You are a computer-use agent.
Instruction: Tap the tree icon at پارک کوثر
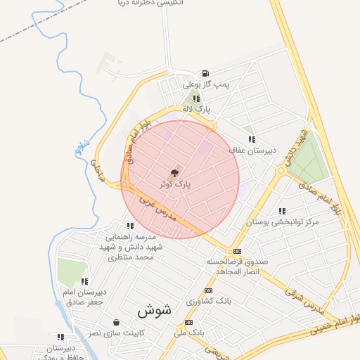pos(174,171)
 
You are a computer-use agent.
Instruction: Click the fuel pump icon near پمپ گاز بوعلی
pos(205,73)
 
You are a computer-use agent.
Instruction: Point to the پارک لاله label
pos(196,110)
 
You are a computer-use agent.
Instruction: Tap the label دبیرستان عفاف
pos(252,150)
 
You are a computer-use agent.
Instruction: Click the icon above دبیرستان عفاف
pos(252,139)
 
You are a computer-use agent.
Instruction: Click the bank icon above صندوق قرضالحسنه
pos(237,251)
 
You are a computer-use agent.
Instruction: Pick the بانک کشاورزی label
pos(208,301)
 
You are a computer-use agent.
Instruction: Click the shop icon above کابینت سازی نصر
pos(115,322)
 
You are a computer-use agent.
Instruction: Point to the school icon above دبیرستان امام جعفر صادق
pos(84,281)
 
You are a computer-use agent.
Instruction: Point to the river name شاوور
pos(77,146)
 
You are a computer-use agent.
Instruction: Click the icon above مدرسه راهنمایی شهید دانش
pos(130,226)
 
